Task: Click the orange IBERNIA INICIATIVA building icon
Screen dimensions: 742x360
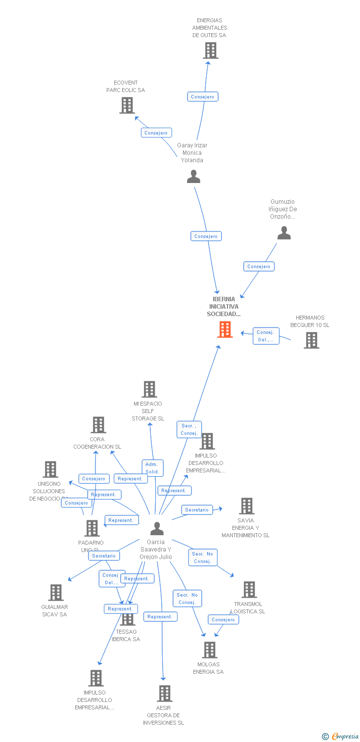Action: pos(225,329)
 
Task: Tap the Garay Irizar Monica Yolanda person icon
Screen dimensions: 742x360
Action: pos(193,177)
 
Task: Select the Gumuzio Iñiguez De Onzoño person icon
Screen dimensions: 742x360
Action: pos(284,233)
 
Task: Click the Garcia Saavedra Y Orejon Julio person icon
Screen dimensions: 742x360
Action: pos(157,529)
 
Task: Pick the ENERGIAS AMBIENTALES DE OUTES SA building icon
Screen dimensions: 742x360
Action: pos(211,50)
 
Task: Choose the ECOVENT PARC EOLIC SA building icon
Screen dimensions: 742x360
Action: pos(127,105)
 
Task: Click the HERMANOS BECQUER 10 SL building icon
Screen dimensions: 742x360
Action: pos(311,340)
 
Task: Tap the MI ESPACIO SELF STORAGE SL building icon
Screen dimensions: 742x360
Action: pos(149,389)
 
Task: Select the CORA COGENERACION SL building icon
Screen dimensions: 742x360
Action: pos(98,425)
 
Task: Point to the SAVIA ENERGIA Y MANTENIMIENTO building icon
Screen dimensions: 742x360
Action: pos(247,506)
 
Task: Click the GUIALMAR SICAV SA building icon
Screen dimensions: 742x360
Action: pos(56,593)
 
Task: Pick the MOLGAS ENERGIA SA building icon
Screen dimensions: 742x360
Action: pos(210,650)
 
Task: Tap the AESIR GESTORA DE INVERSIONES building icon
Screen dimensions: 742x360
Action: pos(165,694)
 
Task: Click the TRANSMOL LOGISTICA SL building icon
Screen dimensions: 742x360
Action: pos(249,590)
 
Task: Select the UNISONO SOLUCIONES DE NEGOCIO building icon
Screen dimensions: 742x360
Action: pos(50,469)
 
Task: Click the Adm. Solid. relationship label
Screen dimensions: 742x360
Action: pos(152,468)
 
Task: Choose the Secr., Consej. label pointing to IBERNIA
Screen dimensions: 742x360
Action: pos(189,429)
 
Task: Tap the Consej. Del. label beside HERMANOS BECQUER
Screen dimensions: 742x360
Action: pos(266,336)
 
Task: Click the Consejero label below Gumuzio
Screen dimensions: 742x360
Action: pos(259,267)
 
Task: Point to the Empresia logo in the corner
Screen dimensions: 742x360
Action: pos(341,737)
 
